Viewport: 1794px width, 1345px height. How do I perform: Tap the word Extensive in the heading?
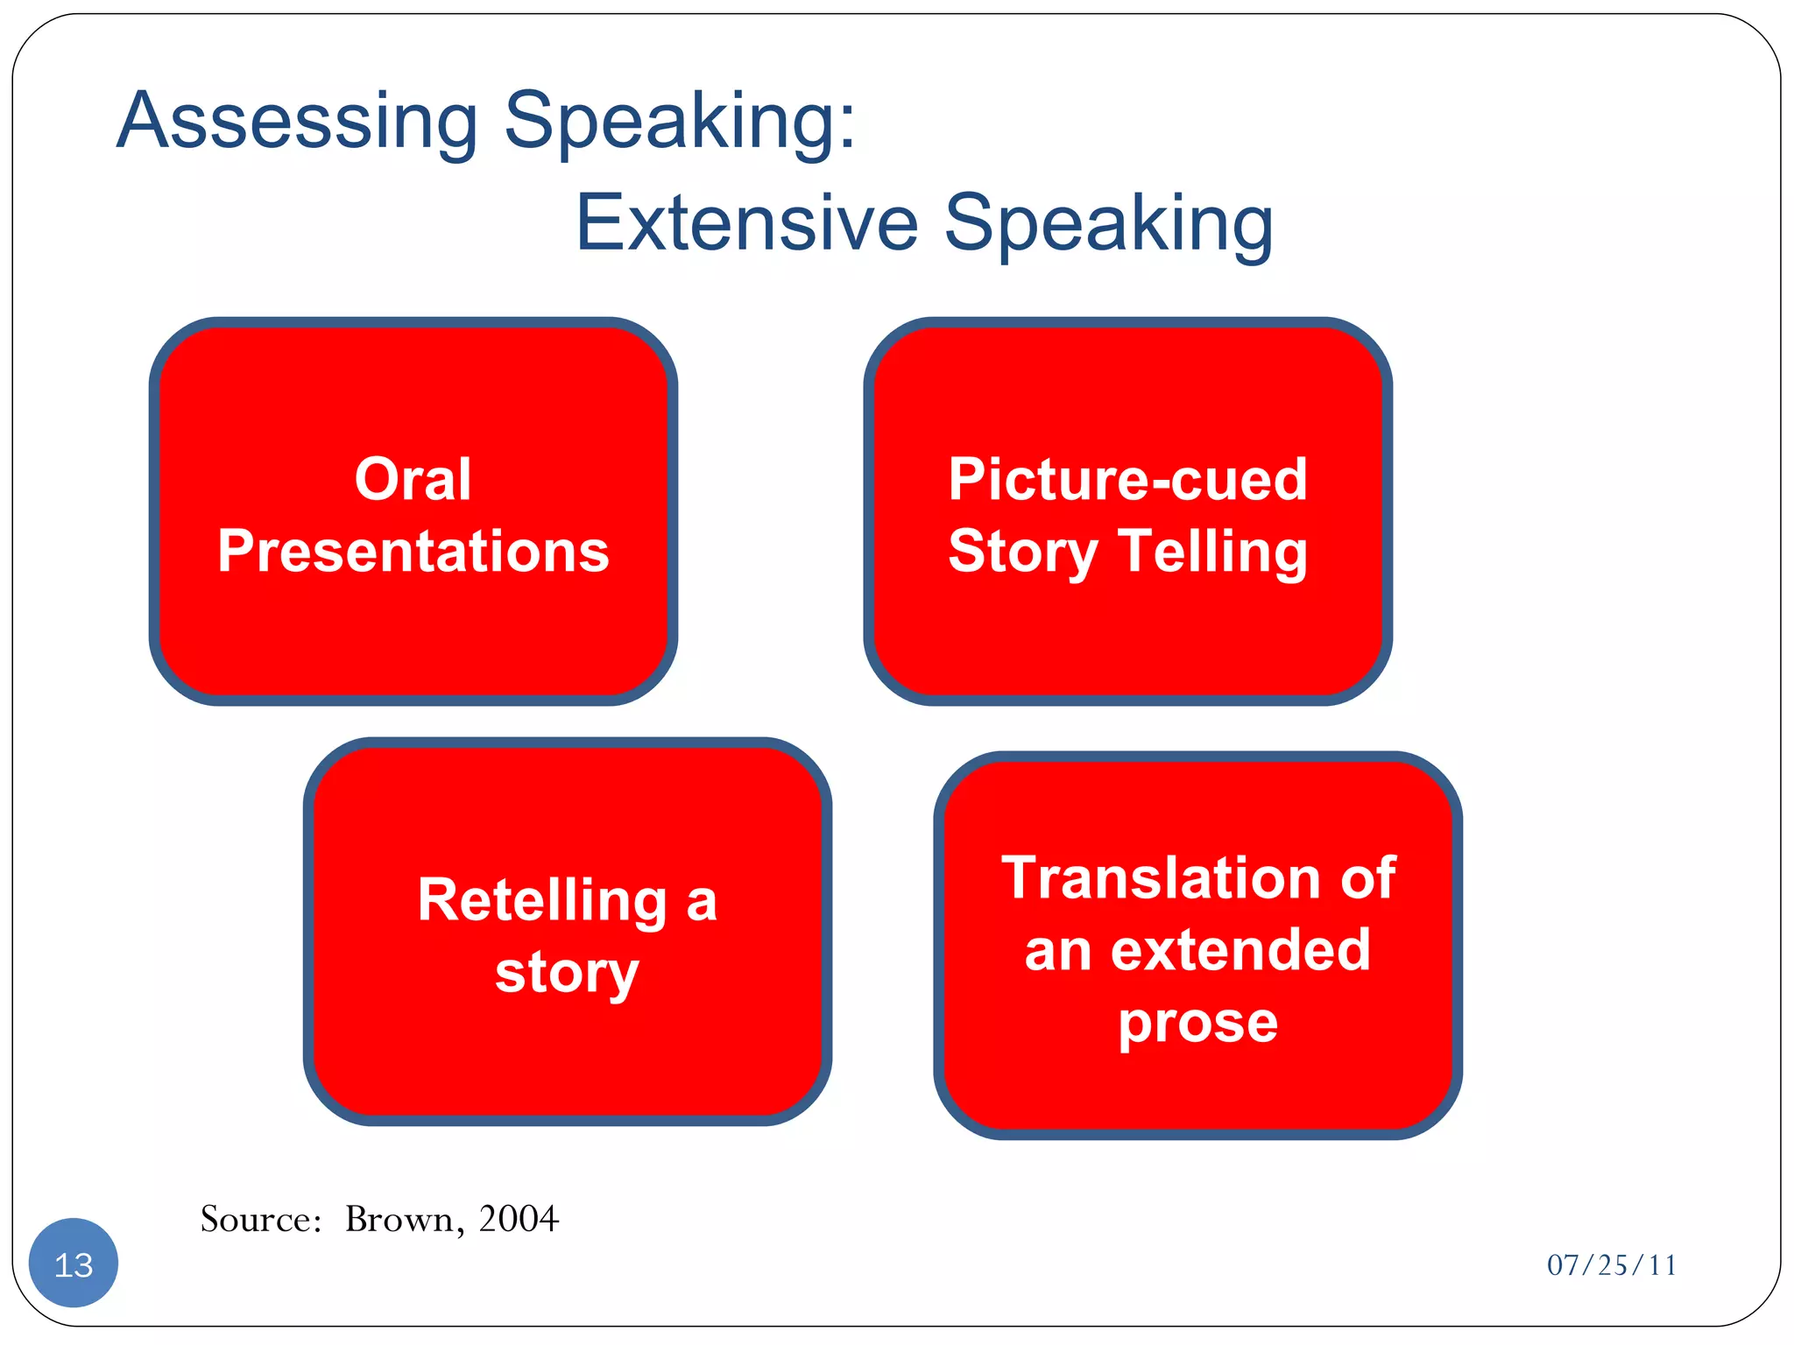746,224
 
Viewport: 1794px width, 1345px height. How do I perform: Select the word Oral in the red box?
413,480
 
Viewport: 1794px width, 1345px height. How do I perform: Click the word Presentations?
413,552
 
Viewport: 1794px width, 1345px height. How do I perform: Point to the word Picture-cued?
1127,480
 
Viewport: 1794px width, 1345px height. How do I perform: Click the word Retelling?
542,900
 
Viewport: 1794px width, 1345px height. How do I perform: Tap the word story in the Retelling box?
567,972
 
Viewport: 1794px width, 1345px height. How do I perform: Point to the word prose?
1197,1022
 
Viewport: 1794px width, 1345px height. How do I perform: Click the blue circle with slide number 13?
74,1264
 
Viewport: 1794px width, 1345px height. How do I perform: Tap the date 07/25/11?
1611,1265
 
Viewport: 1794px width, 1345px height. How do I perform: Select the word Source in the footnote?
260,1220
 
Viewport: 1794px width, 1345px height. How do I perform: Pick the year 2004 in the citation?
518,1219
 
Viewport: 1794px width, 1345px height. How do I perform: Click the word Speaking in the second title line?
1108,224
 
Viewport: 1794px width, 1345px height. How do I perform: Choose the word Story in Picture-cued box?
1022,552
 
